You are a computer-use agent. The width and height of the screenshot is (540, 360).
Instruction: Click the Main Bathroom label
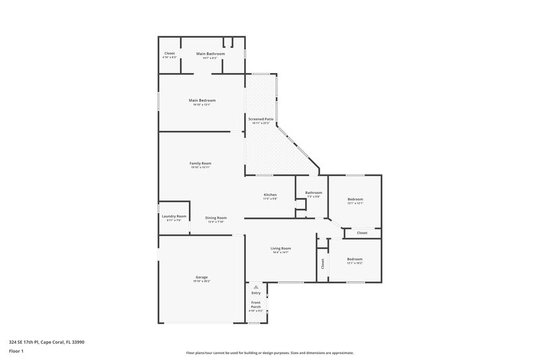coord(210,53)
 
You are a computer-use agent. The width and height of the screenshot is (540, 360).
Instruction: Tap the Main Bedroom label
coord(202,101)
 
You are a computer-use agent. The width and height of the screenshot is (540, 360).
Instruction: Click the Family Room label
coord(200,163)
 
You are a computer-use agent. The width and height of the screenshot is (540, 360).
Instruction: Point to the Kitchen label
coord(270,195)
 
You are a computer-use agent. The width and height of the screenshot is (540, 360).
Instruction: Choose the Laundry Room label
coord(173,216)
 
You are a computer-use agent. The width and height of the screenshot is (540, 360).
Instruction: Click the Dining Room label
coord(216,217)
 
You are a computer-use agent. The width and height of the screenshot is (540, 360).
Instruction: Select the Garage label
coord(201,277)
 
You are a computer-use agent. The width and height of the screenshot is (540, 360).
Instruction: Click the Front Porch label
coord(256,304)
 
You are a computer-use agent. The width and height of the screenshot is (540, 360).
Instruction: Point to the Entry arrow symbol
coord(256,287)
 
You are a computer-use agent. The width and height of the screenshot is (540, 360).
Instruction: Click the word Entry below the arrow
coord(256,293)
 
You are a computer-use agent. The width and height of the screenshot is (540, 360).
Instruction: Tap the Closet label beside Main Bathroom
coord(169,53)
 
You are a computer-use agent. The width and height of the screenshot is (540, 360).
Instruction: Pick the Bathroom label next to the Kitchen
coord(313,192)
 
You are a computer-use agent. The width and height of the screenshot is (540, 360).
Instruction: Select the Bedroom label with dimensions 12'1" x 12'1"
coord(355,199)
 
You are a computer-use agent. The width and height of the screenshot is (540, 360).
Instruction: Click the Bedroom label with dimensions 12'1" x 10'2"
coord(354,259)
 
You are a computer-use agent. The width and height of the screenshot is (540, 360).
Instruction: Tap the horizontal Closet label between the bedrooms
coord(362,232)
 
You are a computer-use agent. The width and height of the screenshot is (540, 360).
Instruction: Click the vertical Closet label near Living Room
coord(323,263)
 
